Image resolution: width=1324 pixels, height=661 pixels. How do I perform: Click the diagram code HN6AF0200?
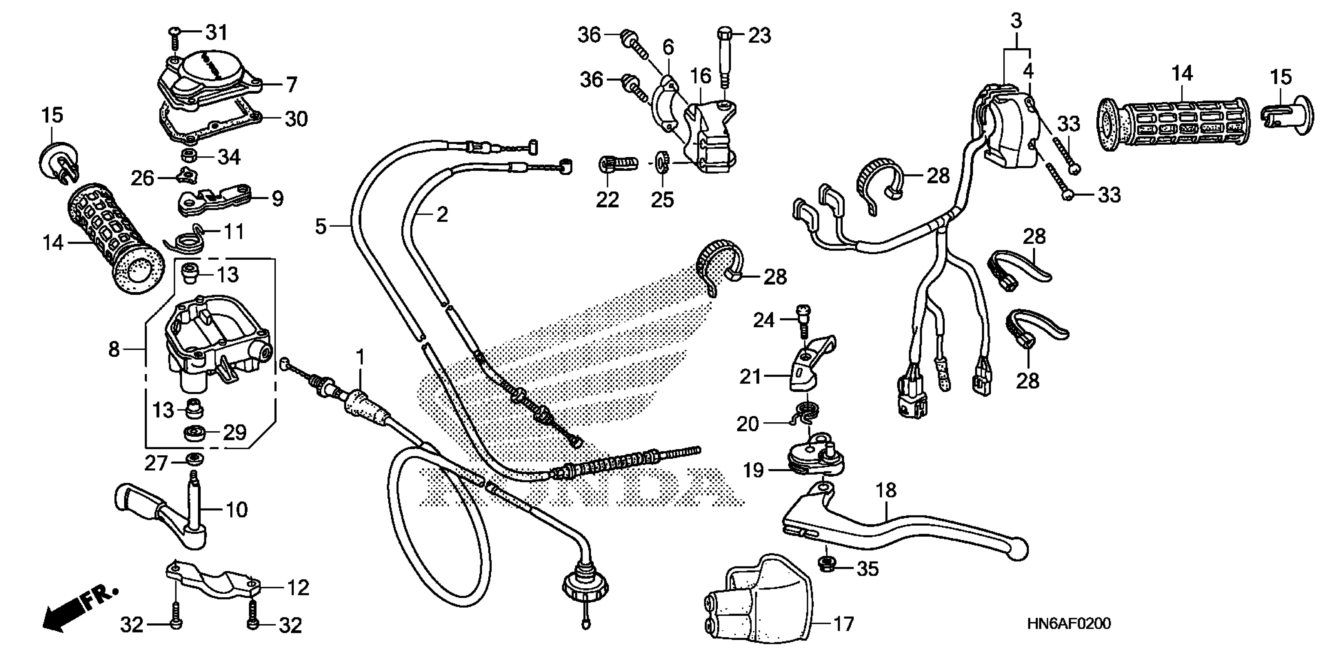coord(1068,624)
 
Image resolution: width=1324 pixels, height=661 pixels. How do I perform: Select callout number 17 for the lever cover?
coord(844,624)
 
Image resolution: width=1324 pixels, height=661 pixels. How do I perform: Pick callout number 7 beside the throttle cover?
coord(291,84)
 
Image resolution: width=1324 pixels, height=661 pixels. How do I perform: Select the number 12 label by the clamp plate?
coord(298,588)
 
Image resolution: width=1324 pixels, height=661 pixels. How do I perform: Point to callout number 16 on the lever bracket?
coord(700,76)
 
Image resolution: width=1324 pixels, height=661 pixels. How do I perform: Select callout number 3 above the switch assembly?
coord(1016,21)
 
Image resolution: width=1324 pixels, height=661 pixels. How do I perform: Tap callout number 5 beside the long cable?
coord(321,226)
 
